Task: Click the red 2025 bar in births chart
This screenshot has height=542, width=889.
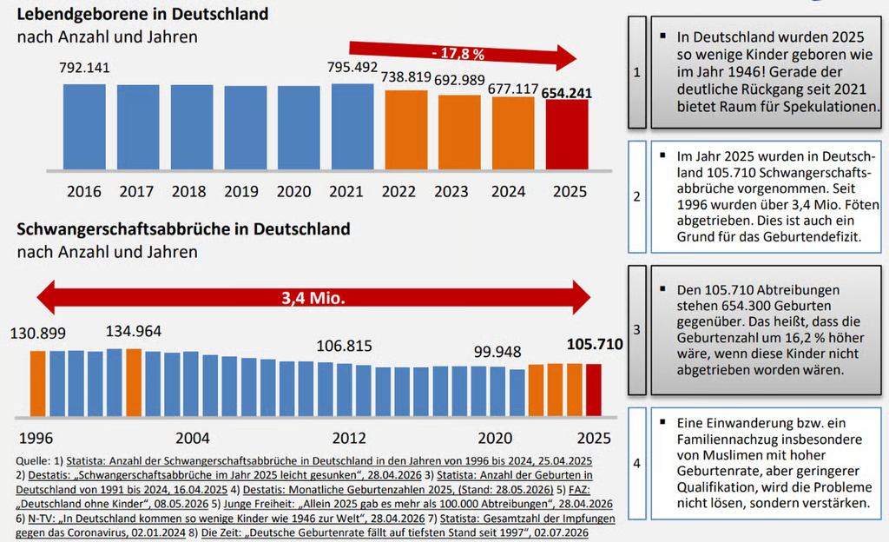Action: click(x=567, y=135)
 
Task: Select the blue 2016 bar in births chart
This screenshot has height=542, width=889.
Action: click(x=84, y=127)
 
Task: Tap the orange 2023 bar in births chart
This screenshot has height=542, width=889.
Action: click(x=459, y=132)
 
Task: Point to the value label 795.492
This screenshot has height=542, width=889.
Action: click(x=352, y=67)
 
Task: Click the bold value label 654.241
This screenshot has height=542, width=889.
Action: click(x=567, y=93)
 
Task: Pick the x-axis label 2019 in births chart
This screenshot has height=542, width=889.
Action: click(x=241, y=192)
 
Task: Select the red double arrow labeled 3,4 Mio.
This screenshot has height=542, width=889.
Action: click(x=313, y=297)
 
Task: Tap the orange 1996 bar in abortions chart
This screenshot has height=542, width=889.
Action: click(x=38, y=384)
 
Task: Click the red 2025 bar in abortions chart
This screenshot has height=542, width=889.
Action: click(x=594, y=390)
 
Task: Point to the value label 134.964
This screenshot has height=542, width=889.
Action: click(x=133, y=331)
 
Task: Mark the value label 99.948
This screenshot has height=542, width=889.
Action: click(x=497, y=352)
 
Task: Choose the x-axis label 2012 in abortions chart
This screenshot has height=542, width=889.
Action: click(x=349, y=439)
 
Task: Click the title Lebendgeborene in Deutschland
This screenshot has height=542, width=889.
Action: click(x=143, y=14)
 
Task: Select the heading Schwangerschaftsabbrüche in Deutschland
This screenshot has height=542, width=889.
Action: click(x=183, y=229)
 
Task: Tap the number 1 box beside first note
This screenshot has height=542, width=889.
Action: click(x=636, y=72)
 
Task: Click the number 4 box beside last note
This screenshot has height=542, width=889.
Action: click(x=636, y=463)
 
